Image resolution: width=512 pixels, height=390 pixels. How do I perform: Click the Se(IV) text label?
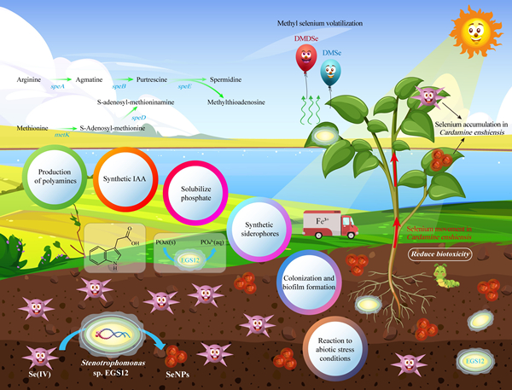click(x=38, y=373)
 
